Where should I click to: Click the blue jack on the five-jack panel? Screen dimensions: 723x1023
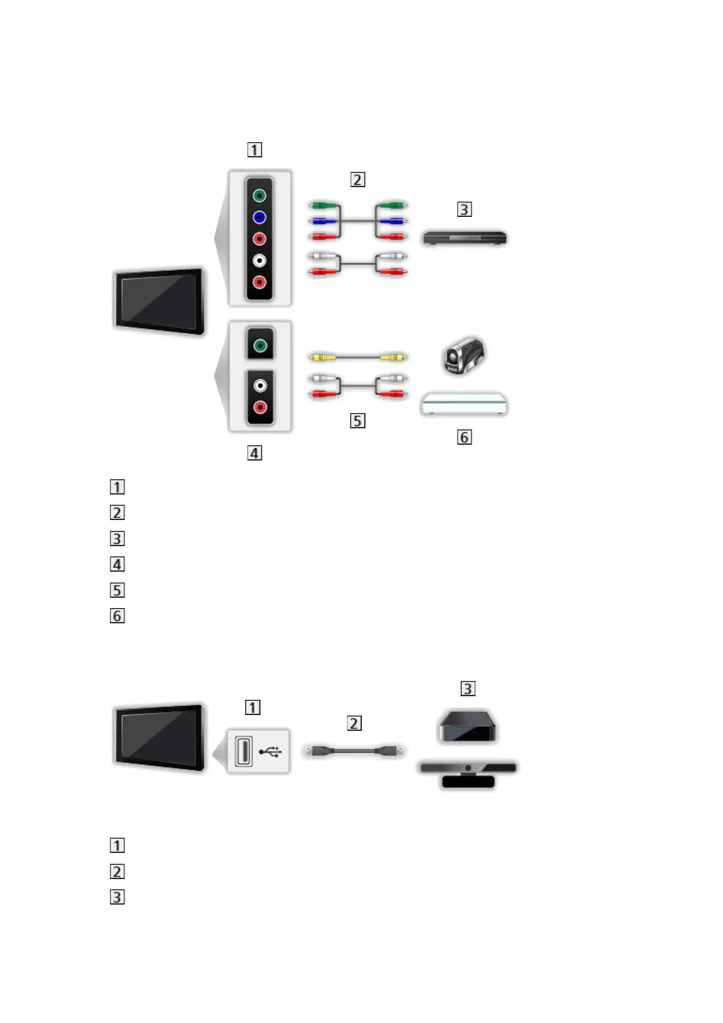pos(259,217)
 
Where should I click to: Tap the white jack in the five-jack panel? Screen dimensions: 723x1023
pos(259,261)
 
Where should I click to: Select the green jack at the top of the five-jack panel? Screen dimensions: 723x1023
pos(259,196)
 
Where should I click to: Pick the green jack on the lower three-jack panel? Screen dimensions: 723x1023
pos(260,346)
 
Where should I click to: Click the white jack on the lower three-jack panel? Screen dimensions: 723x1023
pos(260,386)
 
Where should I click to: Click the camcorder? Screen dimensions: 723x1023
pos(463,356)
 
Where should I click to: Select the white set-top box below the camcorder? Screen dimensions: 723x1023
pos(464,404)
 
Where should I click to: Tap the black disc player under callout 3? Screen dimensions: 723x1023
pos(465,238)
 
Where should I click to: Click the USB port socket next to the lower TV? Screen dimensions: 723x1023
pos(243,752)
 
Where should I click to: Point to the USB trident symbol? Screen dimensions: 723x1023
pos(271,752)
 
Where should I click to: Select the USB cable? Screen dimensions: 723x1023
pos(354,751)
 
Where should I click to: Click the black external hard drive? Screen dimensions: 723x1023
pos(467,727)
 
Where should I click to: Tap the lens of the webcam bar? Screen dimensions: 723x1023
pos(468,768)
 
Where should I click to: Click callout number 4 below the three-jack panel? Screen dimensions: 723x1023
pos(254,453)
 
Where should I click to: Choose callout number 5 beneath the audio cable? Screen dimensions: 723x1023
pos(358,421)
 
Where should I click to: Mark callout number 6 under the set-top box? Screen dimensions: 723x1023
pos(464,437)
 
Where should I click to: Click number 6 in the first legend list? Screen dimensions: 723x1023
pos(117,616)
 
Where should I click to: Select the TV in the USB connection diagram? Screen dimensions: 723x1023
pos(159,737)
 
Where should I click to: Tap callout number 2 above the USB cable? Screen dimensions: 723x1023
pos(354,723)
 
